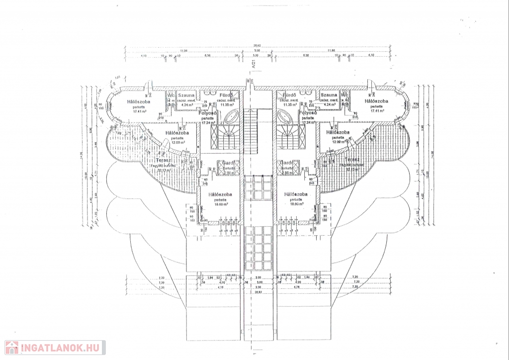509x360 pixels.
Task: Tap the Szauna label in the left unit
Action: point(186,95)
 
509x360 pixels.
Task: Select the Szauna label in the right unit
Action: point(329,95)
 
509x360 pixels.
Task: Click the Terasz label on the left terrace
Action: point(165,161)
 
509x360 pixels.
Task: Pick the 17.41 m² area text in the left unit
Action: point(141,111)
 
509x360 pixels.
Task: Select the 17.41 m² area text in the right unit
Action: point(379,111)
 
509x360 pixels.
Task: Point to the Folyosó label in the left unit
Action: point(206,113)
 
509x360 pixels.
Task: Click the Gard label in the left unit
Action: point(228,163)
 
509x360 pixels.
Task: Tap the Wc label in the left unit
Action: point(170,95)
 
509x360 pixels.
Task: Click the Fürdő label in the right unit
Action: point(289,95)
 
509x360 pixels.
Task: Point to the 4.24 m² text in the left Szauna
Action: point(186,105)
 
